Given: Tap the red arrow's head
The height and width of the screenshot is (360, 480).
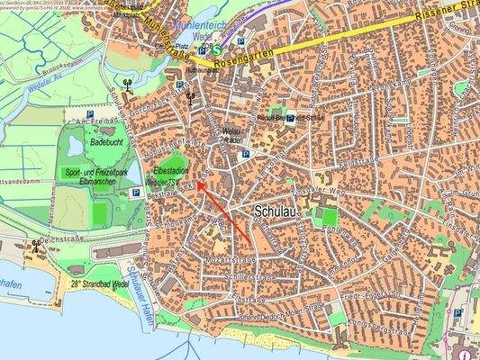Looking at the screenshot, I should (200, 183).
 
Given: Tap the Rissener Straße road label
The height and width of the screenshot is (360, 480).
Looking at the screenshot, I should (449, 12).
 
